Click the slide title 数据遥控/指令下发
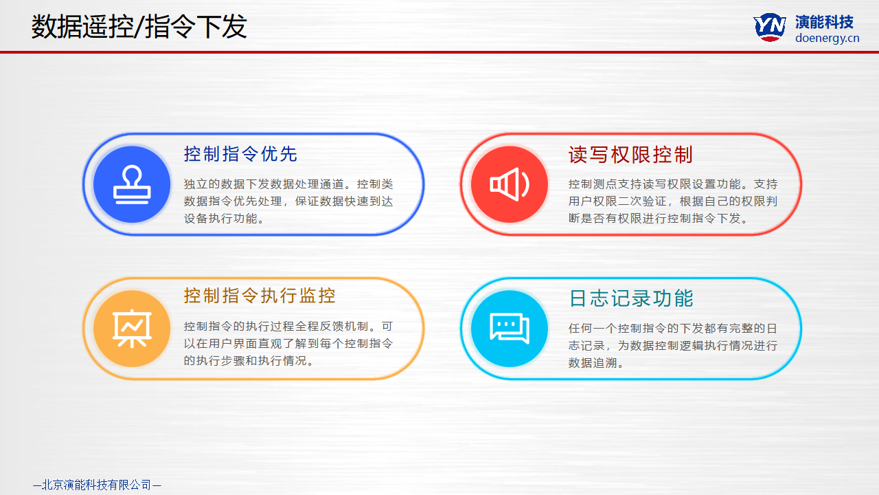pyautogui.click(x=139, y=27)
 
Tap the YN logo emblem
pyautogui.click(x=770, y=27)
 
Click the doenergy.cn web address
pyautogui.click(x=827, y=38)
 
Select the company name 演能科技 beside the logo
pyautogui.click(x=825, y=22)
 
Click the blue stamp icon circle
pyautogui.click(x=132, y=184)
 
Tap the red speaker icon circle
pyautogui.click(x=510, y=184)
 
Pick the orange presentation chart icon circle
pyautogui.click(x=132, y=329)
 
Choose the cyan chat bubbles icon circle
pyautogui.click(x=510, y=329)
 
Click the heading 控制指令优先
pyautogui.click(x=240, y=153)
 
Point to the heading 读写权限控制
pyautogui.click(x=630, y=155)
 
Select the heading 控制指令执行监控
pyautogui.click(x=260, y=296)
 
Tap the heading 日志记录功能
pyautogui.click(x=631, y=298)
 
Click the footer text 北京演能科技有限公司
pyautogui.click(x=97, y=485)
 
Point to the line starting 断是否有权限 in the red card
pyautogui.click(x=659, y=219)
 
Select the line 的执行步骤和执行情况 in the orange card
pyautogui.click(x=249, y=361)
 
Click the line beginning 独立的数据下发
pyautogui.click(x=288, y=184)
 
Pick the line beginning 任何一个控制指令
pyautogui.click(x=673, y=329)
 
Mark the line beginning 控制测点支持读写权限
pyautogui.click(x=673, y=184)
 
